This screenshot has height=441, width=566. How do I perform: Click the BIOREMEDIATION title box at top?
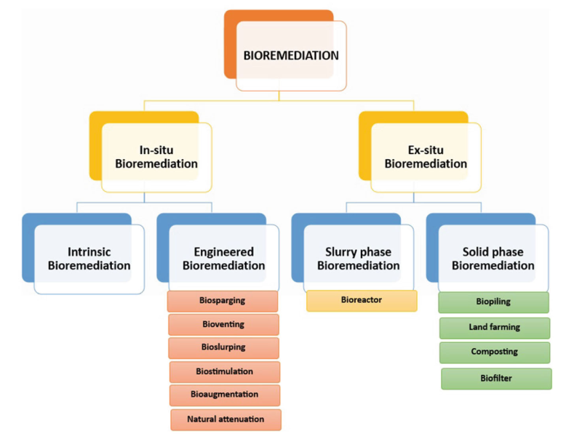pos(291,55)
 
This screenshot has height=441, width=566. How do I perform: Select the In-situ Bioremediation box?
pos(156,157)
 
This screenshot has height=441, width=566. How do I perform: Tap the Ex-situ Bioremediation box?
pos(426,157)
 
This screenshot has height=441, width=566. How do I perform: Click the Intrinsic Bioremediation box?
pos(89,259)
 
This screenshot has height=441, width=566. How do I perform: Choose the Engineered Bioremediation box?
pos(223,259)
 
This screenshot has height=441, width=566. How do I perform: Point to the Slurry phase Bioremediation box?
pos(358,259)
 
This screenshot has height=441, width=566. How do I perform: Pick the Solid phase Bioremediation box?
pos(493,259)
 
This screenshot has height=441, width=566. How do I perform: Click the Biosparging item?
pos(223,301)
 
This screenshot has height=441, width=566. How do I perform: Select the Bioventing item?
pos(223,324)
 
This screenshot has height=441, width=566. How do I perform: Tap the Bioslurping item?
pos(223,347)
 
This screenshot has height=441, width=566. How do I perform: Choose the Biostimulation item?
pos(224,371)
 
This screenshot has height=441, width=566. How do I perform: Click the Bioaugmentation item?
pos(224,395)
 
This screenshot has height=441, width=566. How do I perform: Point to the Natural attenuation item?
pos(226,418)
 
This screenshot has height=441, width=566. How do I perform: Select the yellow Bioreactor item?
pos(362,300)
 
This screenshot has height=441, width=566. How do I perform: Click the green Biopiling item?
pos(494,302)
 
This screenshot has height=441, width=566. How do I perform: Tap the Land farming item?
pos(495,327)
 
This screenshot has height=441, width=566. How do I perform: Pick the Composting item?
pos(495,352)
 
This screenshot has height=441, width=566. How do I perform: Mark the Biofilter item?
pos(496,378)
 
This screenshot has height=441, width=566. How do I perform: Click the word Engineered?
pos(223,252)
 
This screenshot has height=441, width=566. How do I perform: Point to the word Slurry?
pos(338,252)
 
